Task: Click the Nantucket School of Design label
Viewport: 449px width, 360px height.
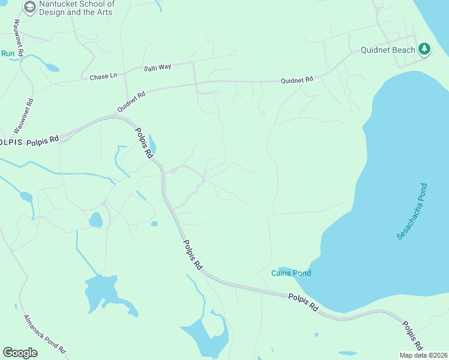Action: pos(76,8)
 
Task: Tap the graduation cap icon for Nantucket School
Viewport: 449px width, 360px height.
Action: pos(29,7)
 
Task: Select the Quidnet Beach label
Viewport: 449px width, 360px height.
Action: pos(388,50)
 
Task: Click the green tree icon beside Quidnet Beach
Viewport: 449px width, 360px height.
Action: pos(424,49)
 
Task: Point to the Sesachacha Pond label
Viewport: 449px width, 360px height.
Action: pos(412,211)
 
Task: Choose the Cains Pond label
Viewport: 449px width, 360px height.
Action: pos(291,274)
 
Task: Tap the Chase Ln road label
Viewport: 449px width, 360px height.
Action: pos(103,77)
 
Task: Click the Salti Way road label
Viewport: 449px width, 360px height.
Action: pos(157,67)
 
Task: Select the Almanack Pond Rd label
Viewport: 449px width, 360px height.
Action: pos(44,333)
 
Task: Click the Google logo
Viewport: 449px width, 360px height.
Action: pos(20,353)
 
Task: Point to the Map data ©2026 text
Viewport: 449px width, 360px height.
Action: pos(423,355)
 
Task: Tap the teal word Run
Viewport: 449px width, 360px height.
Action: pos(7,53)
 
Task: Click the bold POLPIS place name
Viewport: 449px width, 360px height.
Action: pos(11,142)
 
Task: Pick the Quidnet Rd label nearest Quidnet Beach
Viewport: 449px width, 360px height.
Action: pos(297,79)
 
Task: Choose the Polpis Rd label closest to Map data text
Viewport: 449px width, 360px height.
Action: pos(413,337)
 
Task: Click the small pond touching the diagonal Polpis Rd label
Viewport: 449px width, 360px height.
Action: pos(152,144)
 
